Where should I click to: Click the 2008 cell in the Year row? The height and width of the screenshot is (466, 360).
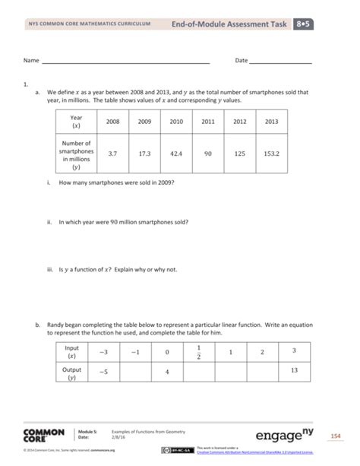[x=112, y=122]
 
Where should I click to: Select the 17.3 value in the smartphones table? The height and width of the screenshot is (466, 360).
[x=144, y=153]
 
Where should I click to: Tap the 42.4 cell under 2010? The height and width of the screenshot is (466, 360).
[x=176, y=153]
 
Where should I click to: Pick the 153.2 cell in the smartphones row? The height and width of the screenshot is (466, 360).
[x=272, y=153]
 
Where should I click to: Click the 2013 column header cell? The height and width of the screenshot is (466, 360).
[x=272, y=122]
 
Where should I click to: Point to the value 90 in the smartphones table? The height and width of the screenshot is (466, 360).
[x=208, y=153]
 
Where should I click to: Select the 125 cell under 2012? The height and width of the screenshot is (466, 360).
[x=240, y=153]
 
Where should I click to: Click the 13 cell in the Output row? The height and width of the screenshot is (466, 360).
[x=294, y=372]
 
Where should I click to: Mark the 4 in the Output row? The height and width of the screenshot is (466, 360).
[x=166, y=372]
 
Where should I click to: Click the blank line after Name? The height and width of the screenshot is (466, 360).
[x=125, y=61]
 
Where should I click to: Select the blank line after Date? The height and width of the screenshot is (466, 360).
[x=280, y=61]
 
